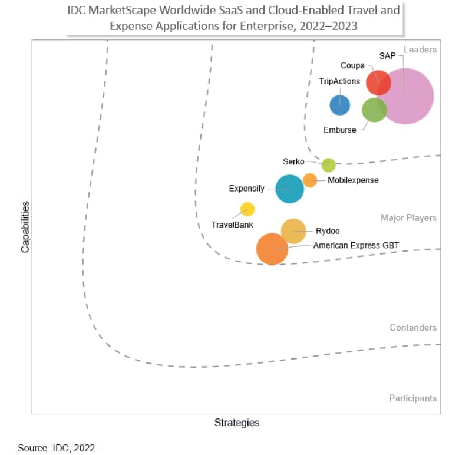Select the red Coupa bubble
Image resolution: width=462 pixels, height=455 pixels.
click(x=378, y=82)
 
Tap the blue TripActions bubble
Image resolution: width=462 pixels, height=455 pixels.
click(x=339, y=105)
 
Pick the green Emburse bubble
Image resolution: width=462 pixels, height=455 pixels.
click(x=373, y=110)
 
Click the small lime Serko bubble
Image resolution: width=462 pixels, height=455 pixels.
click(x=328, y=165)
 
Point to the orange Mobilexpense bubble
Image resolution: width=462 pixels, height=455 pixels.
click(x=310, y=180)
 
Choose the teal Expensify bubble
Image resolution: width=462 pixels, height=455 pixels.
click(x=290, y=189)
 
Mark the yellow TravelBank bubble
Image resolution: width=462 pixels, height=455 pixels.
click(x=247, y=209)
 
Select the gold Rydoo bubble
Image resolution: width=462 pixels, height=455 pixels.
click(x=293, y=231)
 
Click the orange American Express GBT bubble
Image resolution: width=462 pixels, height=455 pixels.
click(x=272, y=249)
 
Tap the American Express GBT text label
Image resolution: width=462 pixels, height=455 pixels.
click(x=356, y=245)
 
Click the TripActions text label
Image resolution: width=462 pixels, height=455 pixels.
click(x=339, y=81)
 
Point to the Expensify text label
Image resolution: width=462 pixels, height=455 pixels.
click(x=246, y=189)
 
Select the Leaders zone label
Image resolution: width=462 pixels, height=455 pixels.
click(x=420, y=50)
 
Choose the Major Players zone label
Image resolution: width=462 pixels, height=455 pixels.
click(x=408, y=218)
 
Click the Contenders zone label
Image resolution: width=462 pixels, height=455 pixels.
click(x=413, y=328)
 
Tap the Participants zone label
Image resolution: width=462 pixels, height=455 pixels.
click(x=412, y=398)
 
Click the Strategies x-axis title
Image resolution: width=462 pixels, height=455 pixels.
click(x=236, y=423)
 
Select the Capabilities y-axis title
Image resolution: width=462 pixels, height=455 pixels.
click(x=25, y=227)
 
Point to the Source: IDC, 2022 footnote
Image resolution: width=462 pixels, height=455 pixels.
click(x=56, y=448)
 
